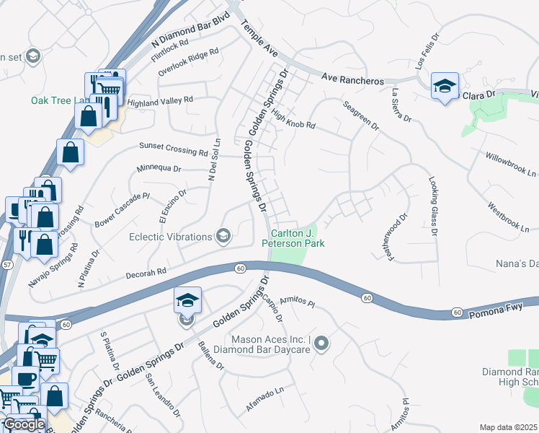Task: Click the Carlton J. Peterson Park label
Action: [x=298, y=238]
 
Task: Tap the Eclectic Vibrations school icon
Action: [x=223, y=236]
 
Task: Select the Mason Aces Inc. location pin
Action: [x=321, y=344]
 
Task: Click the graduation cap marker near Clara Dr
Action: [x=445, y=86]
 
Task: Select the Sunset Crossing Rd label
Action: [x=173, y=149]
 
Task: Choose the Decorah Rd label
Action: [x=146, y=273]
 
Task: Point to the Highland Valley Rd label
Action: [x=161, y=102]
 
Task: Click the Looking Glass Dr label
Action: [x=432, y=207]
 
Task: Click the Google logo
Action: [x=24, y=424]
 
